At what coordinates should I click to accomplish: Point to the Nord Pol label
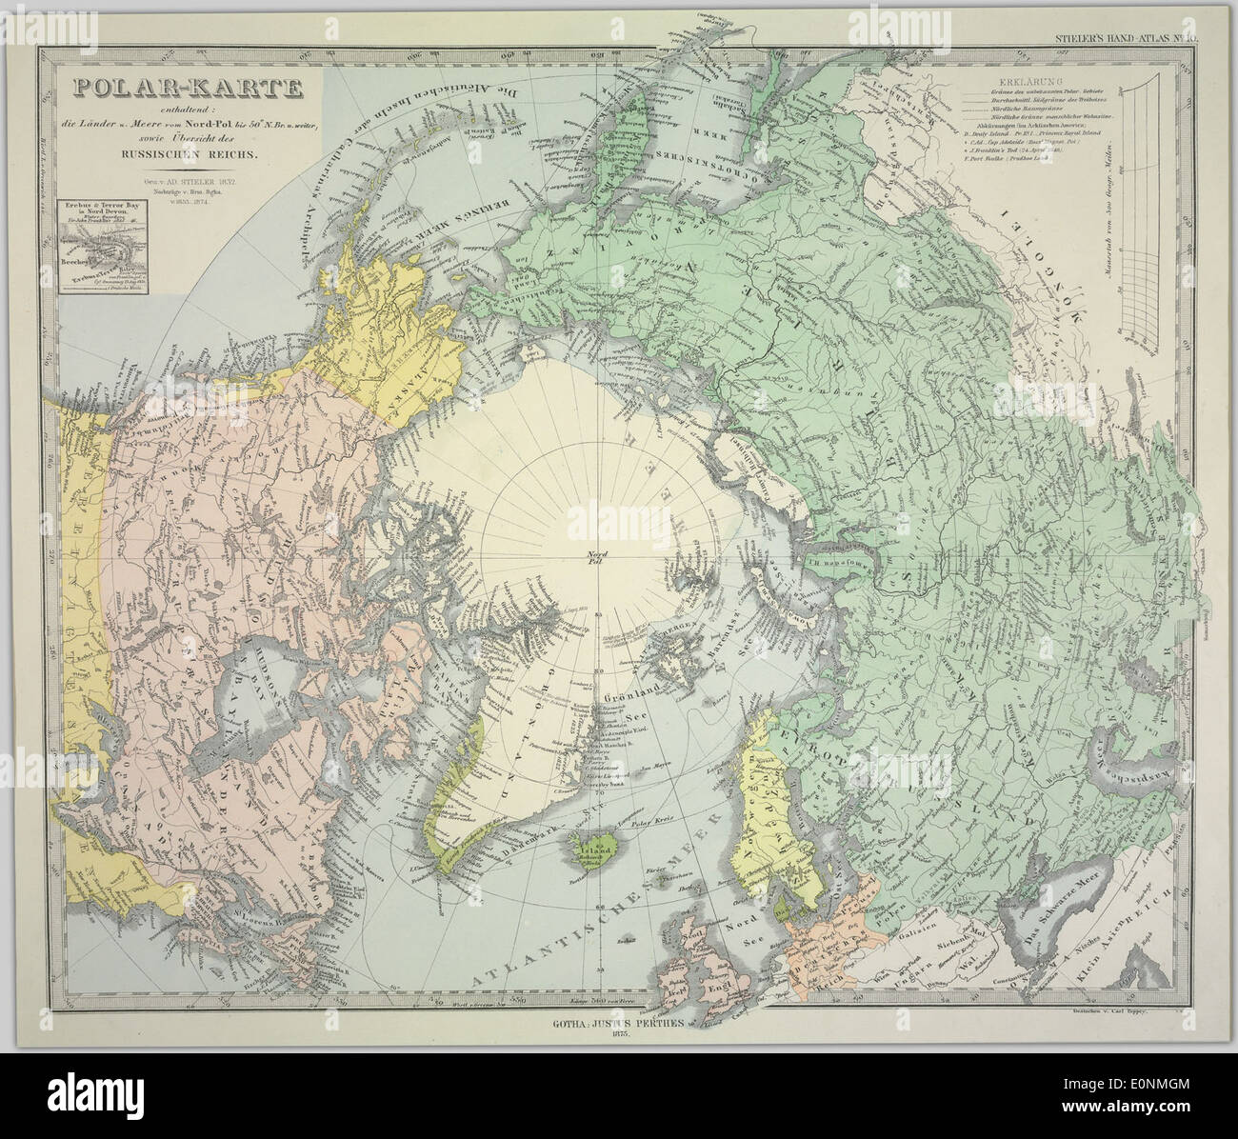pos(598,558)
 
